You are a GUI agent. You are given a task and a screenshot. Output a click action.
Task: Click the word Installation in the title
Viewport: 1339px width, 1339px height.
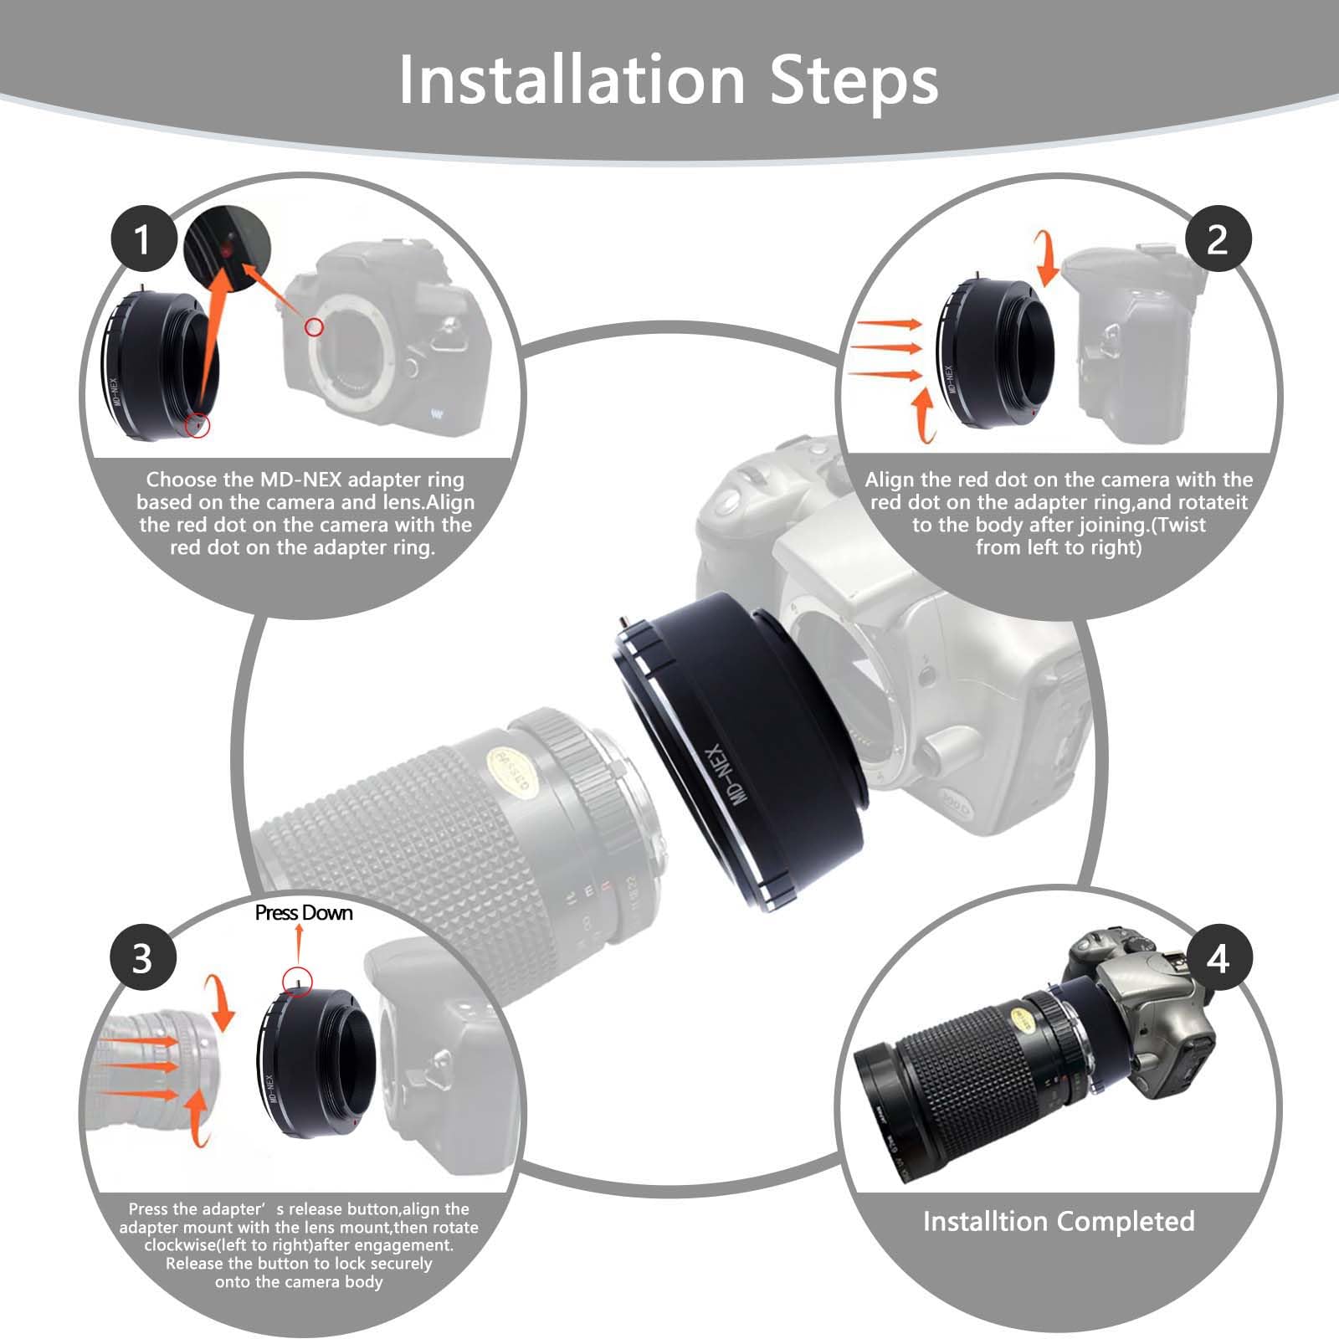click(572, 80)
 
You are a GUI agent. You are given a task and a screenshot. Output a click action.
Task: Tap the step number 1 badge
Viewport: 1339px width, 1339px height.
click(143, 239)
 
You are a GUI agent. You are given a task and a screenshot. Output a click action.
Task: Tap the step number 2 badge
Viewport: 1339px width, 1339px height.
click(1218, 239)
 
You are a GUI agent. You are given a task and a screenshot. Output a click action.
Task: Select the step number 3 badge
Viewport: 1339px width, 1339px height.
click(143, 957)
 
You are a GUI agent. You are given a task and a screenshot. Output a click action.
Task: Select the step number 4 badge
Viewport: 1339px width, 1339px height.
click(1218, 957)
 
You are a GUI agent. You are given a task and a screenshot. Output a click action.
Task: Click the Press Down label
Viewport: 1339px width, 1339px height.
click(304, 913)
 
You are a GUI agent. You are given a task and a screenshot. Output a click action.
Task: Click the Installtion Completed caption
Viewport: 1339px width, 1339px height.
click(1059, 1222)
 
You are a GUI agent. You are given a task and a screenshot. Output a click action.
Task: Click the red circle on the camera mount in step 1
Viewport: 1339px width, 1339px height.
click(314, 326)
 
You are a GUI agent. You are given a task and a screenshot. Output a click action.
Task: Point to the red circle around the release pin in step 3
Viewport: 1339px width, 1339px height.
click(298, 978)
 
